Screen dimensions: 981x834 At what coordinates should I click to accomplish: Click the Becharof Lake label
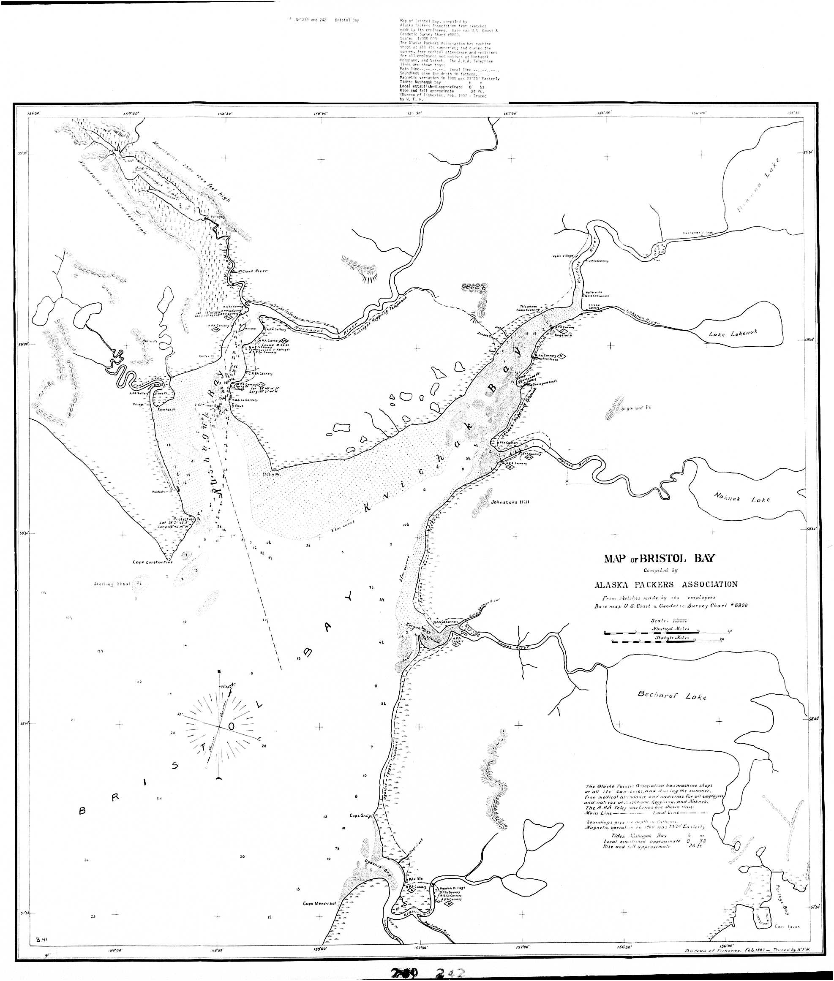coord(672,695)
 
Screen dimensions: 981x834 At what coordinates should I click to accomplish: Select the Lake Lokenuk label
coord(733,333)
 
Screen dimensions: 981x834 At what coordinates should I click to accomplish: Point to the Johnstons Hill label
coord(510,502)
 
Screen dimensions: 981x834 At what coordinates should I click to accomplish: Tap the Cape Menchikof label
coord(319,903)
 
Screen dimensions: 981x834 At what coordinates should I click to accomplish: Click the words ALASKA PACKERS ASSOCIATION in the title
coord(666,584)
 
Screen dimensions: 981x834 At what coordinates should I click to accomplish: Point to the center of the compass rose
coord(219,727)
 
